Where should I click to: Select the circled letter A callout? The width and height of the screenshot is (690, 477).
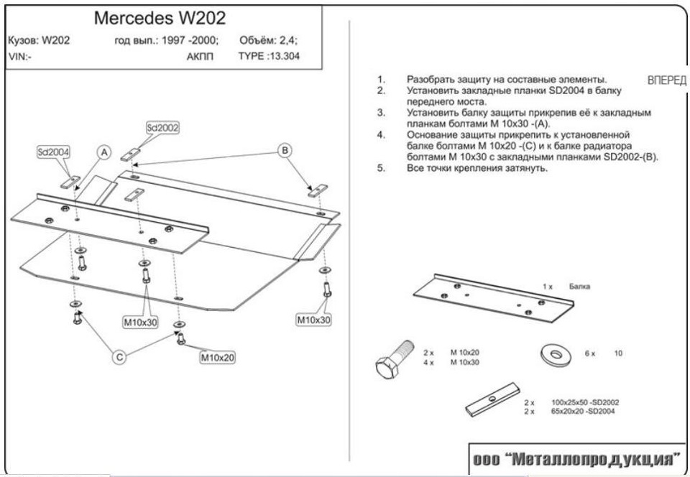(104, 152)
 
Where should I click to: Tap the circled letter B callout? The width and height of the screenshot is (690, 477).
(285, 150)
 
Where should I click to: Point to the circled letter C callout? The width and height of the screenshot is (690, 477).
(120, 357)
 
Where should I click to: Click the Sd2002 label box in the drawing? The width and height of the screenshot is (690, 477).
(162, 127)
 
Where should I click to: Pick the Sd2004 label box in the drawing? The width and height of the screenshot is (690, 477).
(53, 152)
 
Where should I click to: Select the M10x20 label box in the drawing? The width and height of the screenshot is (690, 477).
(218, 357)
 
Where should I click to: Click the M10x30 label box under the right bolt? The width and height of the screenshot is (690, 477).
(314, 320)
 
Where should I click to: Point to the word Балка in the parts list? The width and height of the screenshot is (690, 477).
(579, 287)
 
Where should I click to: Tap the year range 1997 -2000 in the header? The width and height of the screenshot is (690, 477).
(190, 40)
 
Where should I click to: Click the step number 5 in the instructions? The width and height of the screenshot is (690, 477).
(380, 168)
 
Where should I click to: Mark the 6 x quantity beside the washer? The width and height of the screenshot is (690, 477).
(589, 354)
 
